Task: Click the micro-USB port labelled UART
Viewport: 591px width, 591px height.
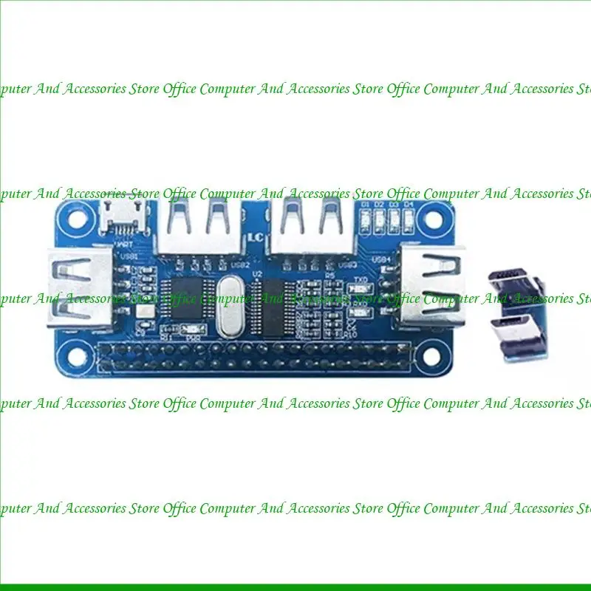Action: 117,218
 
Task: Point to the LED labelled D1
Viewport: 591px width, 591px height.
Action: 364,218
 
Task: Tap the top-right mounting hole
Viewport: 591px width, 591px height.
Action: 436,216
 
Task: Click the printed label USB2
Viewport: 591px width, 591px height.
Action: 240,264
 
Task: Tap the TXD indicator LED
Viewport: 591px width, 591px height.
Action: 361,288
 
